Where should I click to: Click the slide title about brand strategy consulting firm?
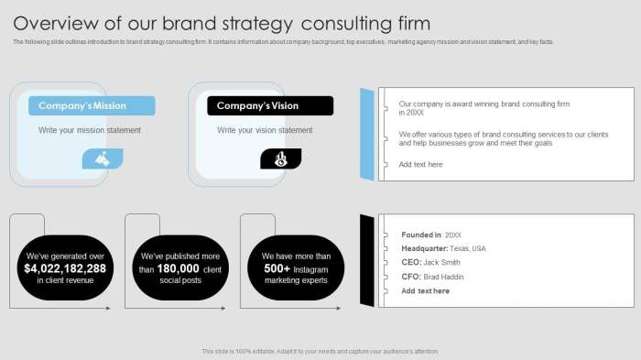(x=222, y=23)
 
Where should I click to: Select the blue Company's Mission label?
(x=91, y=105)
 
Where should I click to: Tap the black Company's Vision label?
(x=269, y=105)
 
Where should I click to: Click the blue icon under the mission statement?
(x=102, y=159)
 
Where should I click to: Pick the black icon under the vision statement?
(x=280, y=159)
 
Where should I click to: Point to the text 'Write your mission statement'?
(x=90, y=130)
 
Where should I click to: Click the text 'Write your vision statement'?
(x=265, y=130)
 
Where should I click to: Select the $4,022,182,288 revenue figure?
(x=66, y=268)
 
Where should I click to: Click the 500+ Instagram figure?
(x=277, y=268)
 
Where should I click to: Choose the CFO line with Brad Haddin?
(x=432, y=277)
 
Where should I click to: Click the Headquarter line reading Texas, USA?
(x=443, y=248)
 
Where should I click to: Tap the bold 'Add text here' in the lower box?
(x=426, y=290)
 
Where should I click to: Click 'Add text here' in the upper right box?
(x=420, y=165)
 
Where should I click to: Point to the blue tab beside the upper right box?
(x=367, y=134)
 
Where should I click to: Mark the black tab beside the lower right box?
(x=367, y=261)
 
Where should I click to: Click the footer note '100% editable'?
(x=320, y=351)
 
